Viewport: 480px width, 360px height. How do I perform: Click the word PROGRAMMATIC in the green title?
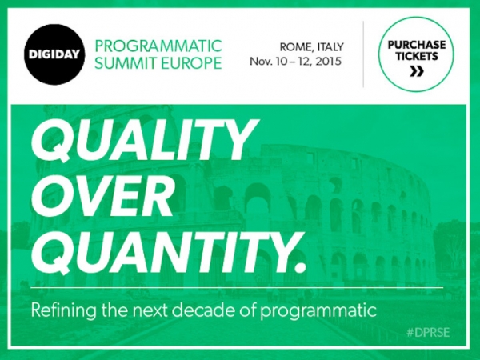pyautogui.click(x=158, y=45)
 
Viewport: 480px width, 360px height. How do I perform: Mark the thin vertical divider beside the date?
pyautogui.click(x=363, y=54)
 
